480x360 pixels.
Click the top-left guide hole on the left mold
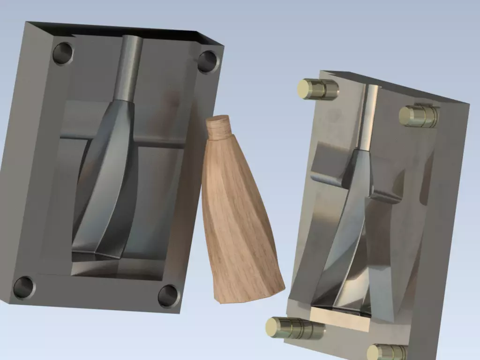63,53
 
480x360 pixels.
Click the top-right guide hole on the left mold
207,61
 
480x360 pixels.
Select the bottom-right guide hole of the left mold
168,296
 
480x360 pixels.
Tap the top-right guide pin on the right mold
419,115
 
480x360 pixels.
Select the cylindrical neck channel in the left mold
130,68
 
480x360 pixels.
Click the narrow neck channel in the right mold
369,117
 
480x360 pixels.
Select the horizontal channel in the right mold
328,178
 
